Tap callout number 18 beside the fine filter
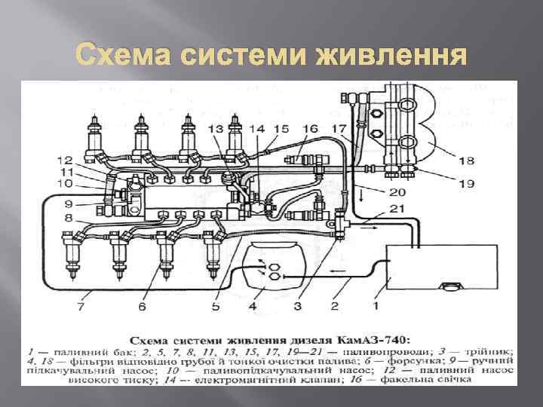[x=467, y=160]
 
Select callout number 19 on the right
[x=467, y=182]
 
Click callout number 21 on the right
[x=397, y=209]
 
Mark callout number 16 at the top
[x=310, y=130]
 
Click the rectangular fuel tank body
[x=442, y=268]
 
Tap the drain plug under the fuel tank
[x=451, y=287]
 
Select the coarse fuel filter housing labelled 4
[x=272, y=269]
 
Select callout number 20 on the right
[x=397, y=192]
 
